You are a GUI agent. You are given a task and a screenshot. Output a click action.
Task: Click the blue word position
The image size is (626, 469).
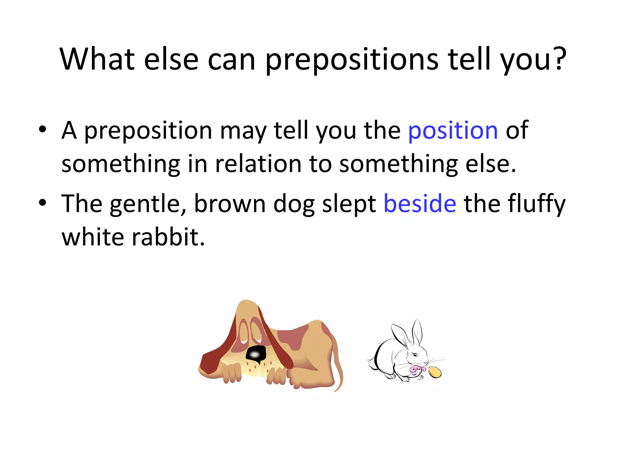453,131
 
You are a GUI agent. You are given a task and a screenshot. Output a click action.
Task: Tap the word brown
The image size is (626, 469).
230,204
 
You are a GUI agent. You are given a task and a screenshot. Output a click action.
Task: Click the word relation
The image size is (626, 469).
258,164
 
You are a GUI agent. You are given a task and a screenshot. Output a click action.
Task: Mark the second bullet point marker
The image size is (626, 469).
42,202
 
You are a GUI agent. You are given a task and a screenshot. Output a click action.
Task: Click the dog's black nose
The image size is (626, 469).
256,354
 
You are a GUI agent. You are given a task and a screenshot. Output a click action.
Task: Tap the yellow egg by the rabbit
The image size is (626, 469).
435,372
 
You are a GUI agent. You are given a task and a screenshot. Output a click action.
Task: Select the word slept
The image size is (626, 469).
349,204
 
